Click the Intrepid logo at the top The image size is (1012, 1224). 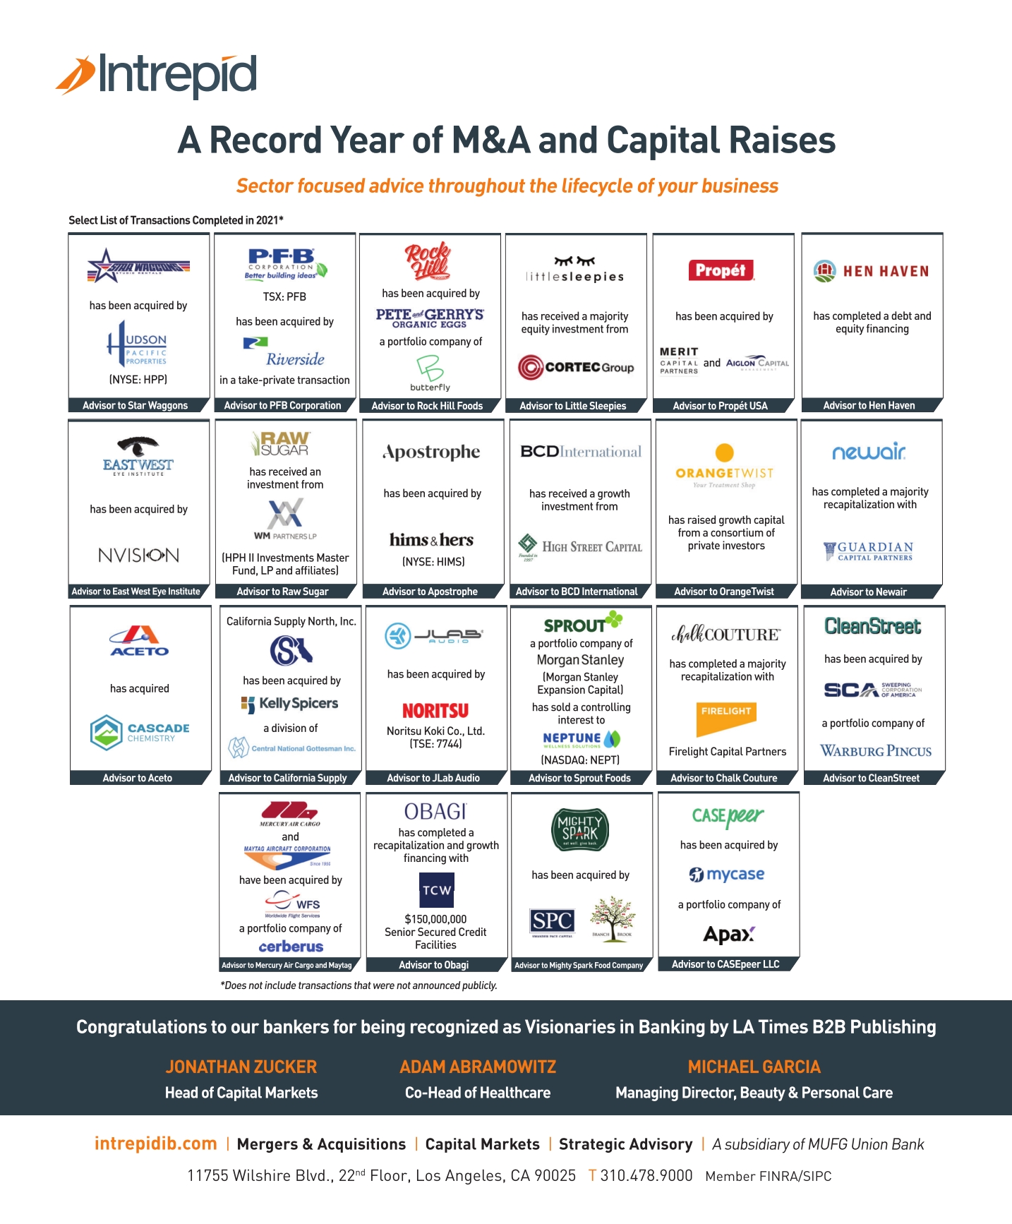157,75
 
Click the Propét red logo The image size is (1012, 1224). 721,270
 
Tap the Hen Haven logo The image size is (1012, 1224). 872,271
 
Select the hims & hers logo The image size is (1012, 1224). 431,540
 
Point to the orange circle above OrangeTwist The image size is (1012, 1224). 725,452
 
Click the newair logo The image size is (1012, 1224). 869,452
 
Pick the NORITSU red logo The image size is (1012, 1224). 435,710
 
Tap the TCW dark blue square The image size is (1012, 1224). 437,890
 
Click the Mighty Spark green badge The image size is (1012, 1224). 579,829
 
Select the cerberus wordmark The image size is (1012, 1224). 291,947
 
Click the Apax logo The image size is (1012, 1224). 729,935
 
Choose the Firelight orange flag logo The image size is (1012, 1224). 726,718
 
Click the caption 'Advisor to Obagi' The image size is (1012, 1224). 434,965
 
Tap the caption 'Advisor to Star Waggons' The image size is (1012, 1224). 135,405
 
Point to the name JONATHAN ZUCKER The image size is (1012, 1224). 241,1067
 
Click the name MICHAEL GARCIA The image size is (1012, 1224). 754,1067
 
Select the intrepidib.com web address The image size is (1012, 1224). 156,1144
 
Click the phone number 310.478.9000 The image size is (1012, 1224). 646,1175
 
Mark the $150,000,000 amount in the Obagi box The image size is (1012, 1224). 435,919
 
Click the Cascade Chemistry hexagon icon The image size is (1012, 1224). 107,733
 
